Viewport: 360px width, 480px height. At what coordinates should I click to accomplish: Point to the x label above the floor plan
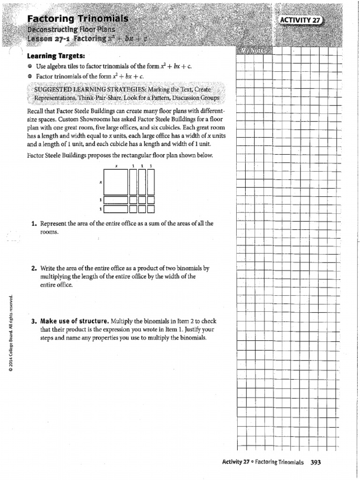(115, 166)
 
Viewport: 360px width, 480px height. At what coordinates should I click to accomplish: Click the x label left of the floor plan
(101, 183)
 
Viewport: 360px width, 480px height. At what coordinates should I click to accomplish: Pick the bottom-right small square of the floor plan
(150, 209)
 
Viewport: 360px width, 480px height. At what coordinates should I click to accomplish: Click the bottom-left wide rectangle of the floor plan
(115, 209)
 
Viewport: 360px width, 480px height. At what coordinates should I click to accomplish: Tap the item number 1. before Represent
(34, 224)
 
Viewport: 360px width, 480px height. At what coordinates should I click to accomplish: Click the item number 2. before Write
(34, 269)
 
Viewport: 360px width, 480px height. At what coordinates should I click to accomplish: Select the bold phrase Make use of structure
(75, 322)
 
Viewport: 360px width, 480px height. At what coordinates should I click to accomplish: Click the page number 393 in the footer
(315, 462)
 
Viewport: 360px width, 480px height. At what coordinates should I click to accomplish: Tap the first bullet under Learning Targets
(30, 67)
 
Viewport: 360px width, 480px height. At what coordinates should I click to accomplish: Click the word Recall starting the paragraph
(36, 111)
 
